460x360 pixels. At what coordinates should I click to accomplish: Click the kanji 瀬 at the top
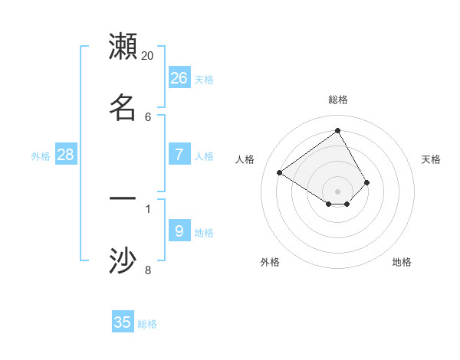click(x=123, y=47)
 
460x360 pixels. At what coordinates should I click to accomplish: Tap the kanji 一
click(x=123, y=198)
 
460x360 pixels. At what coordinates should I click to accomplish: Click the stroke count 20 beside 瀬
click(x=148, y=56)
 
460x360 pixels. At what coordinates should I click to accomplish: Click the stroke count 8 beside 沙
click(x=148, y=269)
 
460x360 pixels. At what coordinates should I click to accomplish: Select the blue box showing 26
click(x=179, y=77)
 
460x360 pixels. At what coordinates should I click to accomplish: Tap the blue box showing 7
click(x=179, y=155)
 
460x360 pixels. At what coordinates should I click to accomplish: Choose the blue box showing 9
click(x=179, y=231)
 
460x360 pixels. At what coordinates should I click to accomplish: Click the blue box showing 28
click(x=66, y=155)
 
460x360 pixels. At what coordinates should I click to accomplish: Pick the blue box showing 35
click(x=123, y=322)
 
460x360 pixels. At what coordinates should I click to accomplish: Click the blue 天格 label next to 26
click(x=204, y=80)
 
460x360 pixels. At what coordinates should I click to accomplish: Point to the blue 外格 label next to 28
click(x=41, y=156)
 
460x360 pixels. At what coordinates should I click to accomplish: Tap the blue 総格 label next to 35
click(x=147, y=324)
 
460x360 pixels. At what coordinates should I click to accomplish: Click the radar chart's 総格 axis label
click(x=338, y=100)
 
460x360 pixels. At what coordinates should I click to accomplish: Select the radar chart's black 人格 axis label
click(x=245, y=159)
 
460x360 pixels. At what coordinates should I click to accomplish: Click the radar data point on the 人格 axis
click(x=280, y=173)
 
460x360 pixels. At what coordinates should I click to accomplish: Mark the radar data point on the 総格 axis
click(x=337, y=130)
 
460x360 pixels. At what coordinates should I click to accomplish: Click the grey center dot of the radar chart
click(x=337, y=191)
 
